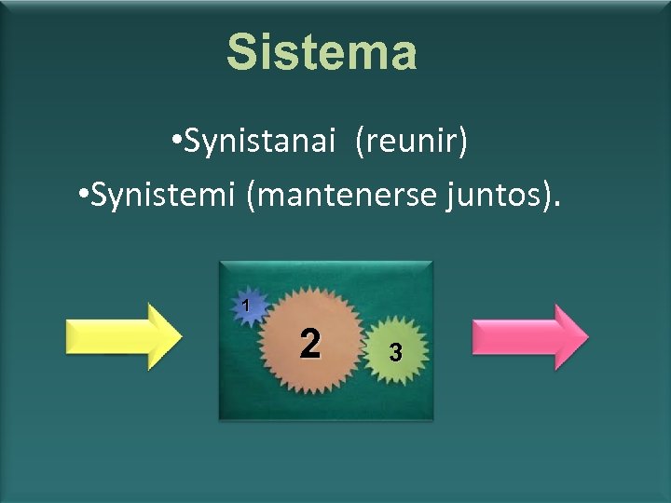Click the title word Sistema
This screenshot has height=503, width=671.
click(322, 53)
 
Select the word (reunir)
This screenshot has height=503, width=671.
click(410, 143)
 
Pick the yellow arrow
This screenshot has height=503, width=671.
click(121, 336)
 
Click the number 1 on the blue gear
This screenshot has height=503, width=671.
click(245, 305)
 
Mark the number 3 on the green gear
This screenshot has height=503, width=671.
click(396, 353)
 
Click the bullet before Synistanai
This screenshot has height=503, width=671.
click(176, 144)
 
